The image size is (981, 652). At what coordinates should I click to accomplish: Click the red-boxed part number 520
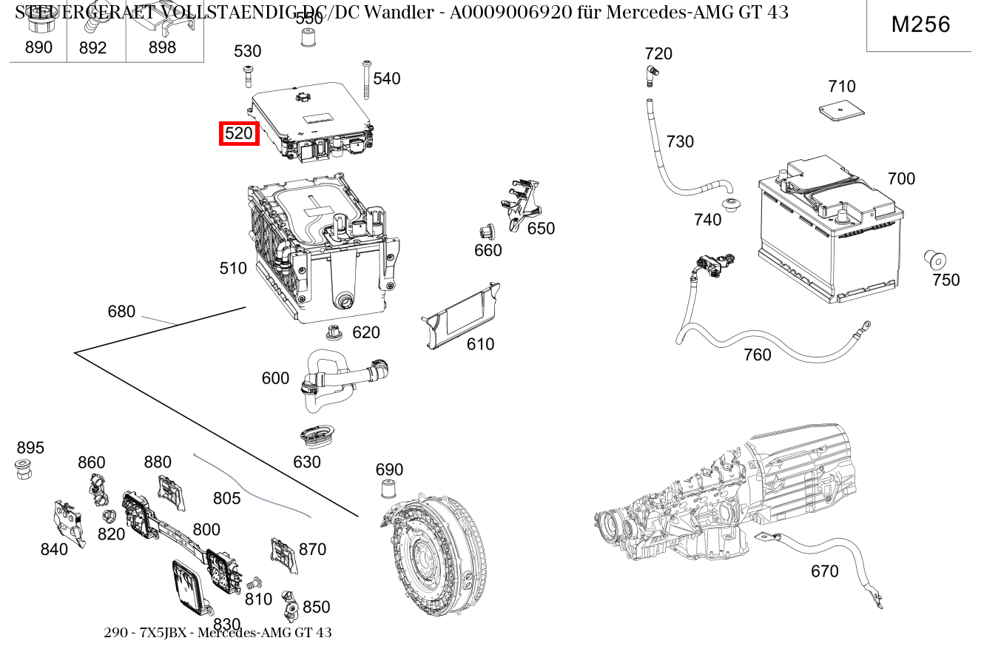pyautogui.click(x=239, y=134)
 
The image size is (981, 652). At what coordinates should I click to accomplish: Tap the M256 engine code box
pyautogui.click(x=920, y=24)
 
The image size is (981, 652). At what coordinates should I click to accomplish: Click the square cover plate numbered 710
pyautogui.click(x=842, y=111)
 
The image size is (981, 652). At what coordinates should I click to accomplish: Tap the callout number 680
pyautogui.click(x=121, y=312)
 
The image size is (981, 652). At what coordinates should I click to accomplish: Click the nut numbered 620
pyautogui.click(x=334, y=332)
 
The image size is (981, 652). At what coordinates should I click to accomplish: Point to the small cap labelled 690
pyautogui.click(x=387, y=489)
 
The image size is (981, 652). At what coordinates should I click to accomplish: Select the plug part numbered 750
pyautogui.click(x=935, y=261)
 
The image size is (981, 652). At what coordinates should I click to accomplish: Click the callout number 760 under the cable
pyautogui.click(x=757, y=355)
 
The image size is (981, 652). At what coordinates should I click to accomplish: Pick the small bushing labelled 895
pyautogui.click(x=24, y=468)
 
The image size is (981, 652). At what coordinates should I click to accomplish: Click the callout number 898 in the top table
pyautogui.click(x=162, y=48)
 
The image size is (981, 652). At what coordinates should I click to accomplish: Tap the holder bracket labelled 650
pyautogui.click(x=520, y=200)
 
